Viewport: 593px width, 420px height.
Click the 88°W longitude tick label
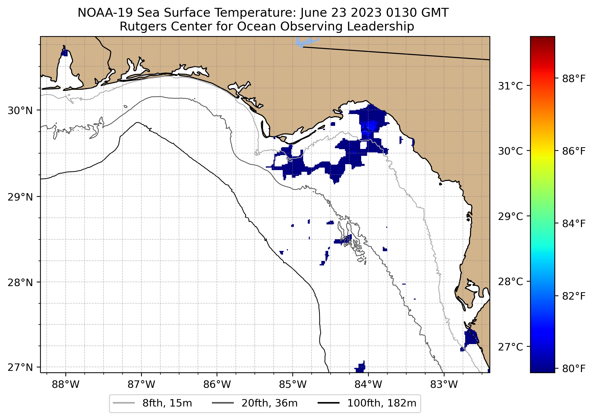[65, 385]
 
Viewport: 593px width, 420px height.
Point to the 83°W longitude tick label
[444, 385]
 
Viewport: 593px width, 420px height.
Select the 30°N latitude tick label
[20, 111]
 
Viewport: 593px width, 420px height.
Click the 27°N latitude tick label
[20, 367]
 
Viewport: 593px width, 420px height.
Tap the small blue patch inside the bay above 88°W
[64, 53]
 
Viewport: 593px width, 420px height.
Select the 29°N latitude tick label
[20, 197]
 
